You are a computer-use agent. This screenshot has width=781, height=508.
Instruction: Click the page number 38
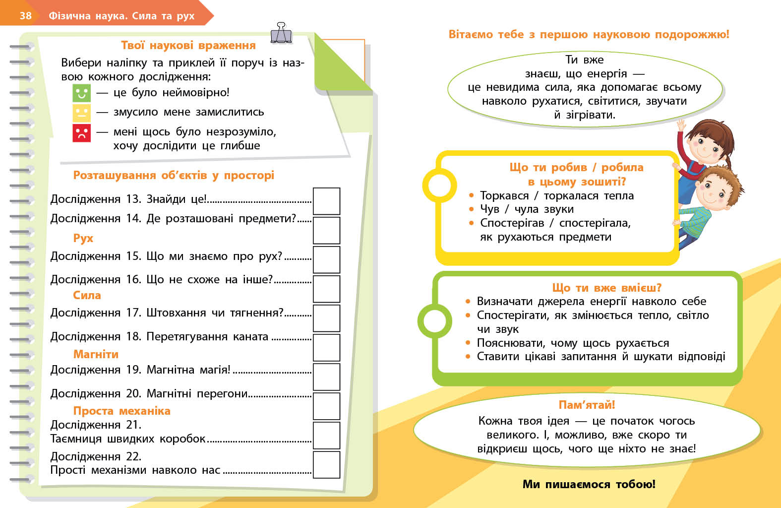pos(25,15)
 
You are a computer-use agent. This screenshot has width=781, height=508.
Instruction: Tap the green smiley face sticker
pos(82,93)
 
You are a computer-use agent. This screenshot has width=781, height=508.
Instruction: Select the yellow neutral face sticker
pos(82,113)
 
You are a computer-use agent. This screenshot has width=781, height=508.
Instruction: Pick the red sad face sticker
pos(82,132)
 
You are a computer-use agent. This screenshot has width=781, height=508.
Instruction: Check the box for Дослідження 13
pos(326,201)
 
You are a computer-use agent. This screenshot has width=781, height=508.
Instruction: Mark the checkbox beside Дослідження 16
pos(326,289)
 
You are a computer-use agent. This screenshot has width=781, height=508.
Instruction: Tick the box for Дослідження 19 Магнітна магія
pos(326,377)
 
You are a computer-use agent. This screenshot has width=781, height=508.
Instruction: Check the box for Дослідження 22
pos(326,464)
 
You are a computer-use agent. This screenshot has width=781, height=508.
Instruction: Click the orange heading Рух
pos(83,238)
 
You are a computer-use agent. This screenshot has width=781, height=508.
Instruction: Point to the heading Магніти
pos(96,354)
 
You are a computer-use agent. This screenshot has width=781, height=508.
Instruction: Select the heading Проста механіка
pos(121,411)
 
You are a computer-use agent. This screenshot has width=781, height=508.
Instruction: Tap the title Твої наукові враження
pos(188,45)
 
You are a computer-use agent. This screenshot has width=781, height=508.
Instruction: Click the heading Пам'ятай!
pos(587,405)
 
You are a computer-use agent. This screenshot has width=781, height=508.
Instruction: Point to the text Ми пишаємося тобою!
pos(589,484)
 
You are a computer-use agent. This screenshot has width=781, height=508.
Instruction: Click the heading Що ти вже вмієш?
pos(606,288)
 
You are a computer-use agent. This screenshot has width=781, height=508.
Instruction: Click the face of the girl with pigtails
pos(705,144)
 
